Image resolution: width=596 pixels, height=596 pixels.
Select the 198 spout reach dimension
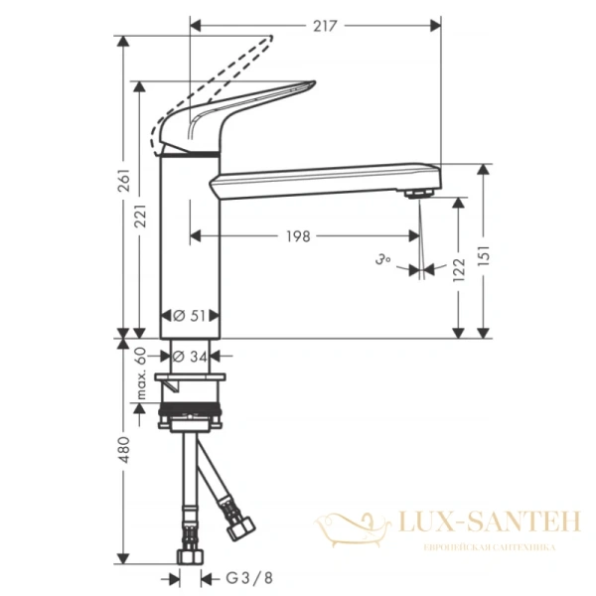[x=297, y=235]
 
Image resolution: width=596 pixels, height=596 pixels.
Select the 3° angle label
[x=383, y=260]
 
